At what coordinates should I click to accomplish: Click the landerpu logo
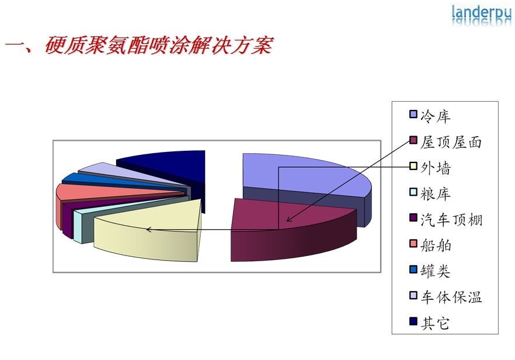click(481, 15)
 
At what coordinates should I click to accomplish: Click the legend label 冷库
click(435, 116)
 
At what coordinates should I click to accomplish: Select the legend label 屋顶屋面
click(451, 143)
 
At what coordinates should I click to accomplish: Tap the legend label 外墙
click(436, 168)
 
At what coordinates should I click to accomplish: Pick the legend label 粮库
click(435, 194)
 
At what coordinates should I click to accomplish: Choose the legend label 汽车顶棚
click(451, 220)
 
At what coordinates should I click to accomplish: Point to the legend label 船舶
click(436, 245)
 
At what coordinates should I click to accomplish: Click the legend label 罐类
click(435, 271)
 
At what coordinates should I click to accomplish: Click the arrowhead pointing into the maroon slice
click(289, 219)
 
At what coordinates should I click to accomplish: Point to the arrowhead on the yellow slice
click(148, 230)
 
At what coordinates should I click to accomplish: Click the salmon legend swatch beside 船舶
click(413, 244)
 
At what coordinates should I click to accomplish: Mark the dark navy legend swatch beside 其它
click(413, 321)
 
